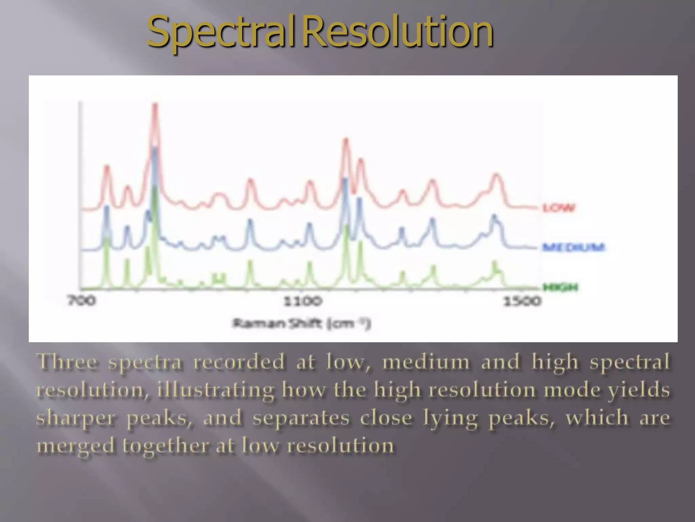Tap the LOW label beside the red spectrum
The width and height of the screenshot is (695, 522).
pyautogui.click(x=559, y=208)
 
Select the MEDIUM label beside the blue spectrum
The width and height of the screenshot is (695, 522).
pyautogui.click(x=574, y=247)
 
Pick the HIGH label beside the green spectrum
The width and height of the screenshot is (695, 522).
pyautogui.click(x=560, y=288)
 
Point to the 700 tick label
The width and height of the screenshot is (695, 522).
pyautogui.click(x=82, y=301)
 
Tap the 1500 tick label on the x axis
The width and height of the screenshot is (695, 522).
pyautogui.click(x=522, y=301)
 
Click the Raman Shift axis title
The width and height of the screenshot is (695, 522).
pyautogui.click(x=302, y=323)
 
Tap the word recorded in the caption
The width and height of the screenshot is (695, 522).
pyautogui.click(x=239, y=361)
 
